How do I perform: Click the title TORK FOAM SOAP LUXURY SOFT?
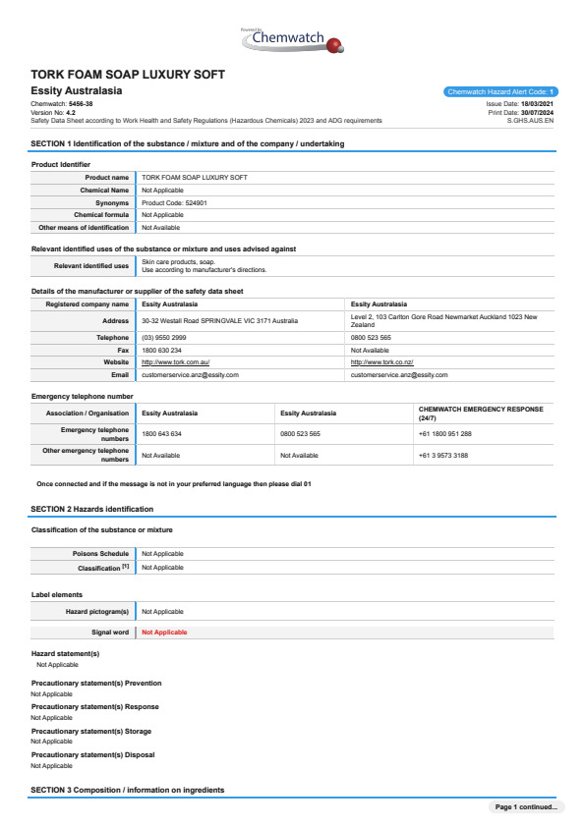(x=128, y=75)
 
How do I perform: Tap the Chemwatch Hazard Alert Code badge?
(x=500, y=91)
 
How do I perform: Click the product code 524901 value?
(x=174, y=202)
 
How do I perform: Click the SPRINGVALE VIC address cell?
(x=219, y=320)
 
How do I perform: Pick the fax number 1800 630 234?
(x=161, y=350)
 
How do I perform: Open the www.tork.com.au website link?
(x=176, y=362)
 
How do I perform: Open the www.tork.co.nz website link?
(x=384, y=362)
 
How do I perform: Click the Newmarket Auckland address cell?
(x=443, y=320)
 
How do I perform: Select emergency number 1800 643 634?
(x=162, y=433)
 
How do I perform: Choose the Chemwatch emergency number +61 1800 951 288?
(x=445, y=433)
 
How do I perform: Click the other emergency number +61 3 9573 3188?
(x=443, y=456)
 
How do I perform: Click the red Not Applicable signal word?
(x=164, y=633)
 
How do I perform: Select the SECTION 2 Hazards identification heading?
(x=92, y=509)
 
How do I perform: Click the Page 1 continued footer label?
(x=526, y=807)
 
